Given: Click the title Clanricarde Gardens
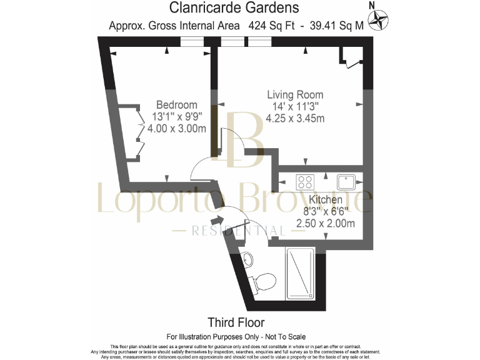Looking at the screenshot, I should [x=234, y=8].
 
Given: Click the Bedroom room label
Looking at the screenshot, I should [x=176, y=105].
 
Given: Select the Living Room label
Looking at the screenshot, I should [x=295, y=95].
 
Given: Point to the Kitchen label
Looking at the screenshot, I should [x=325, y=200].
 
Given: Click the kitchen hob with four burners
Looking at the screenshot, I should [x=306, y=182].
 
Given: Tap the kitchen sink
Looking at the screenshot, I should [x=346, y=182].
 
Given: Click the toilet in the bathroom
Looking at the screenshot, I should [x=262, y=281].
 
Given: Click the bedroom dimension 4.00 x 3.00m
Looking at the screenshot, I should [x=176, y=129].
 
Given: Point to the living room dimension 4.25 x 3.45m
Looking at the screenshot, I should [x=295, y=118].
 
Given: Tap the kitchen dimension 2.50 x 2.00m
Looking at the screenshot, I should [x=325, y=224].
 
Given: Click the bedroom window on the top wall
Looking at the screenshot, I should [x=192, y=41].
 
